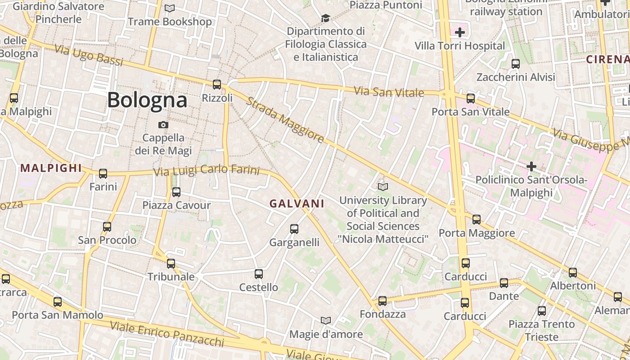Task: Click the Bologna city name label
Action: pos(147,100)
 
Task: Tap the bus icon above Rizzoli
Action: pos(217,84)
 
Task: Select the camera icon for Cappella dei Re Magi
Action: pos(163,125)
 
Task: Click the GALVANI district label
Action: pos(297,203)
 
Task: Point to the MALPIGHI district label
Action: pos(51,168)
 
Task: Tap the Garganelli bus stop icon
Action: pos(294,229)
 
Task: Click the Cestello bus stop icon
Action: pos(259,274)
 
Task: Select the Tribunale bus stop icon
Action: pos(171,264)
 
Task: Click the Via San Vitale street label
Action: pos(389,92)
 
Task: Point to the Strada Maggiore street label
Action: pos(285,120)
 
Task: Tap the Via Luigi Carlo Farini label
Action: pos(207,171)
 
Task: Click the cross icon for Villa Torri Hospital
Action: pos(460,32)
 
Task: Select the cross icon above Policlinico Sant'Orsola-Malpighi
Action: pos(531,166)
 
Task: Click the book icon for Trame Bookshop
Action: pos(170,8)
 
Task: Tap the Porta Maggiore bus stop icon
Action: pos(477,220)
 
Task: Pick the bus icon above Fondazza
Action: pos(382,301)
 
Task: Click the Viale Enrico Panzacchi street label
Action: pos(167,333)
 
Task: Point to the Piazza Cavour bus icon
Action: pos(176,192)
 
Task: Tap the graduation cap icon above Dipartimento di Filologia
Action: pos(325,18)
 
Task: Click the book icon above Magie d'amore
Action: pos(326,320)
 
